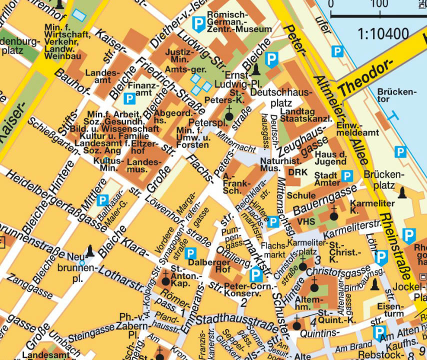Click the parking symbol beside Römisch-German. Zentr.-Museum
(200, 23)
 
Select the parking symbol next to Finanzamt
(129, 98)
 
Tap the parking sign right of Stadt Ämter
(346, 176)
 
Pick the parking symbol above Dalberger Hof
(190, 253)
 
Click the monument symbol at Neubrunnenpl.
(90, 249)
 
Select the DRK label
(298, 172)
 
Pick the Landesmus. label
(143, 165)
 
